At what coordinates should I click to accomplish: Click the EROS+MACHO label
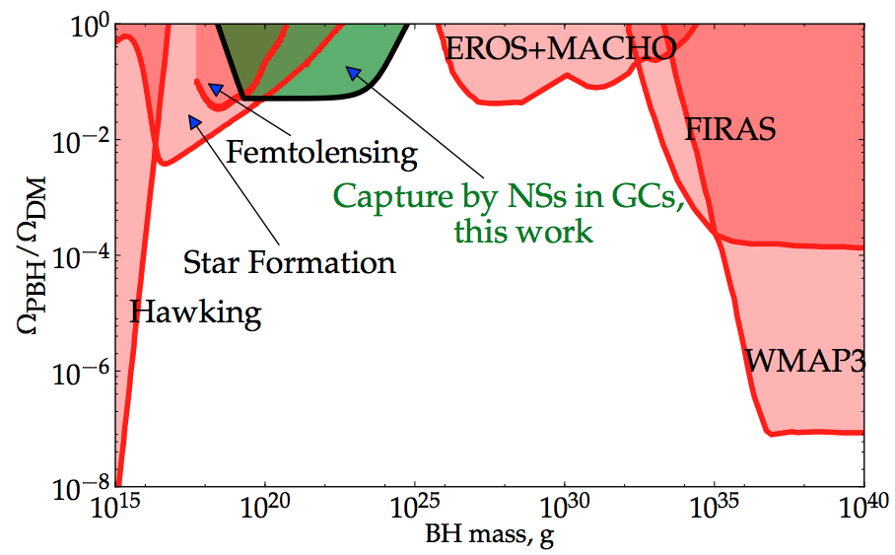point(560,48)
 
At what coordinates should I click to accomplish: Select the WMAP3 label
point(804,362)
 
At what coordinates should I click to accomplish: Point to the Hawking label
point(195,312)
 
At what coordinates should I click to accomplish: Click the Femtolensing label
point(321,153)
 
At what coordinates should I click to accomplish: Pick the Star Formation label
point(290,263)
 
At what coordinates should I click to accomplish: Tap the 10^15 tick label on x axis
point(114,508)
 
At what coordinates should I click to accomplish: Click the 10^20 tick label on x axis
point(264,508)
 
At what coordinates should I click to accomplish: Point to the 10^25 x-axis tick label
point(414,508)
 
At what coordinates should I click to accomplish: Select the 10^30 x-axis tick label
point(564,508)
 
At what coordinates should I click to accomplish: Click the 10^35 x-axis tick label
point(714,508)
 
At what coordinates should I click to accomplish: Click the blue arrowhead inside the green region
point(350,70)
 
